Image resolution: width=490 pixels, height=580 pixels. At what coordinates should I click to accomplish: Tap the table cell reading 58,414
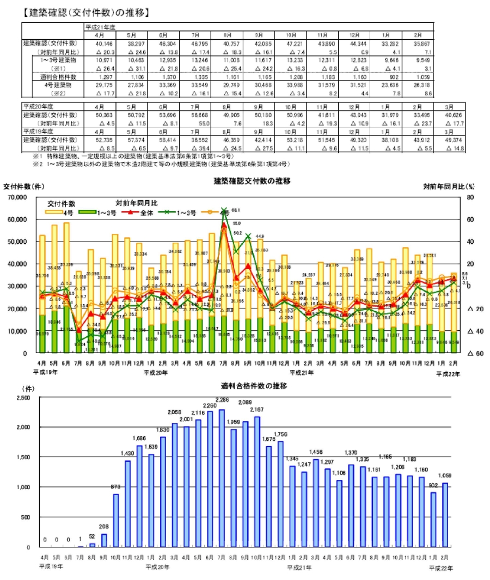[x=163, y=140]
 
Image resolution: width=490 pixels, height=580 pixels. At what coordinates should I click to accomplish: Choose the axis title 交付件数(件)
[x=25, y=186]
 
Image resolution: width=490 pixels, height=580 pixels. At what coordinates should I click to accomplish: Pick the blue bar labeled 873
[x=115, y=513]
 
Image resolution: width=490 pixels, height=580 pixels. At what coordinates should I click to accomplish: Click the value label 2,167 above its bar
[x=256, y=409]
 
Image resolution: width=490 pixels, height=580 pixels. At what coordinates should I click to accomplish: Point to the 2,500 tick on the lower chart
[x=24, y=398]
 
